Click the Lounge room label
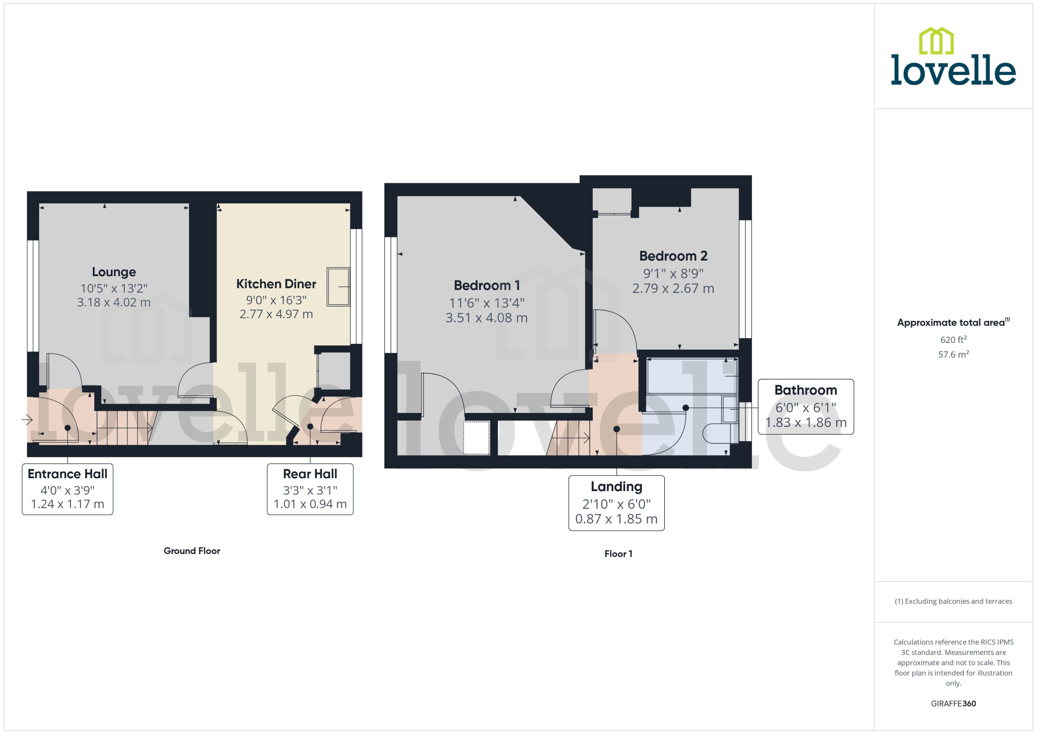point(114,272)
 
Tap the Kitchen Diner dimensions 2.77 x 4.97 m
point(276,314)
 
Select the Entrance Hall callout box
point(67,489)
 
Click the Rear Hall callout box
point(310,489)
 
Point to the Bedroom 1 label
point(487,286)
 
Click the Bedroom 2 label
point(673,256)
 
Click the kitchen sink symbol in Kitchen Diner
point(338,287)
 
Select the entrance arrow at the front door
point(27,420)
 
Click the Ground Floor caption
point(192,551)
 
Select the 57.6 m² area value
point(953,354)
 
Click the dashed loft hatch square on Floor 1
point(476,437)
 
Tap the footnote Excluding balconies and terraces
point(953,601)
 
